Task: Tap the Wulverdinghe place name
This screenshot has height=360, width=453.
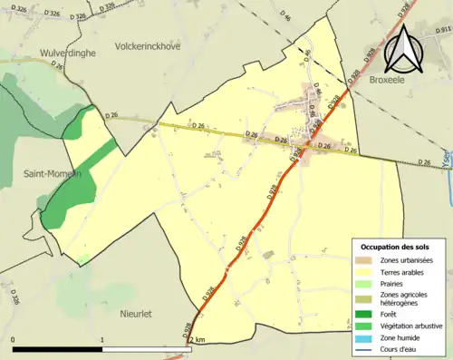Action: tap(40, 54)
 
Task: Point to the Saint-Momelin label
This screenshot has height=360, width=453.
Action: tap(51, 173)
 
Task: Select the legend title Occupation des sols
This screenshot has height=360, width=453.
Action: tap(396, 247)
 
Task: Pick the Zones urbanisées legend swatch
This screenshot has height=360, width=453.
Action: tap(367, 261)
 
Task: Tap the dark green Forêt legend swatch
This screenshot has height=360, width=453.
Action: tap(367, 315)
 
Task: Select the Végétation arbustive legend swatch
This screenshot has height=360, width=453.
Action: tap(367, 326)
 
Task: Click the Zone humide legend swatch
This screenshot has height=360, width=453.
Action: tap(367, 336)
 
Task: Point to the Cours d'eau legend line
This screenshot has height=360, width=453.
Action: tap(367, 347)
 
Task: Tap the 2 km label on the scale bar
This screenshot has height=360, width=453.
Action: tap(198, 339)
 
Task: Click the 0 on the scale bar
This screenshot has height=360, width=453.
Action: tap(13, 339)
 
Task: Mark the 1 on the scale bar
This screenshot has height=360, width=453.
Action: tap(102, 339)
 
